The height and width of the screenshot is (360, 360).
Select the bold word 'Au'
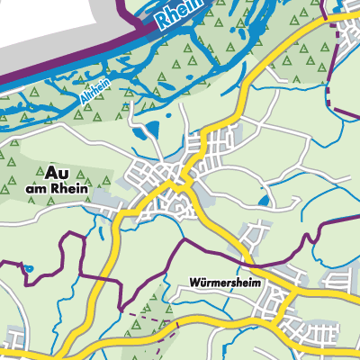56,171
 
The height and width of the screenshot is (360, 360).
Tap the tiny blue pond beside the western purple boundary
29,268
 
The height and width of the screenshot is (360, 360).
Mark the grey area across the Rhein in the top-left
54,36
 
